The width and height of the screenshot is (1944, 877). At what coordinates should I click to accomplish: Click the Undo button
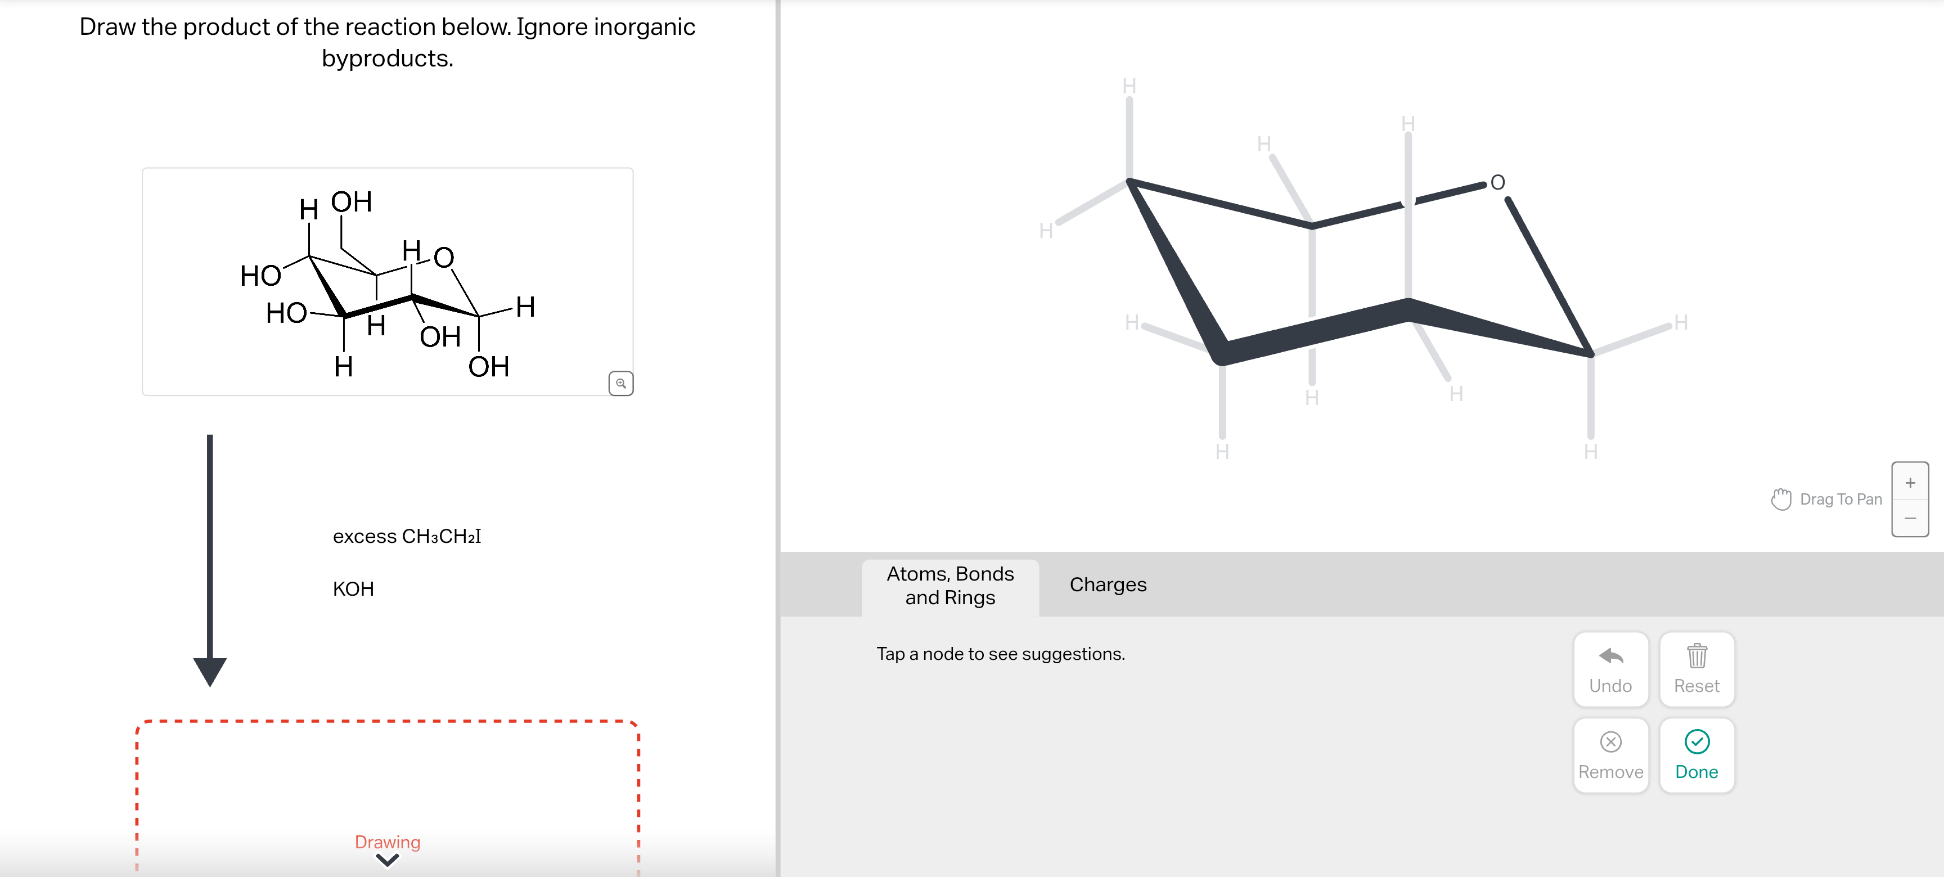click(1610, 669)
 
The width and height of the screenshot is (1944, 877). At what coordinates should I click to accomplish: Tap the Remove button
click(1610, 755)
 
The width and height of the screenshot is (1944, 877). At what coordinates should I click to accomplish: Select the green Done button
click(1696, 755)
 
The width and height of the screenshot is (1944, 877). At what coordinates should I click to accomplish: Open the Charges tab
click(1107, 585)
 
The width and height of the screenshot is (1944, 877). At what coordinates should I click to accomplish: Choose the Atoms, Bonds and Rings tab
click(949, 586)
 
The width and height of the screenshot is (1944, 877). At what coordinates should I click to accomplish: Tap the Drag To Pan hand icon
click(1780, 499)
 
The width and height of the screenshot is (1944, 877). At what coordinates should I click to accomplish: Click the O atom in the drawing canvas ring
click(1497, 183)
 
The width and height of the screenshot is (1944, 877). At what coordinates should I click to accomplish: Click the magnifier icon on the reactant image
click(620, 384)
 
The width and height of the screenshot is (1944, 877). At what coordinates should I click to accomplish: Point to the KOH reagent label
click(353, 588)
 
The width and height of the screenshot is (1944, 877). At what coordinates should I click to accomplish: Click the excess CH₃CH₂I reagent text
click(406, 537)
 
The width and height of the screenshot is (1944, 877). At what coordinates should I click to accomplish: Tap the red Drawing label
click(387, 842)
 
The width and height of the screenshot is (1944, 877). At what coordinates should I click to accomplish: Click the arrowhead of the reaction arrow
click(210, 669)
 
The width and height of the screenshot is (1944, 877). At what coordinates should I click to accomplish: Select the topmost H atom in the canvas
click(1129, 86)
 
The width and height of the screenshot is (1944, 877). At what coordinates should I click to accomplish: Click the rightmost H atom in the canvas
click(1681, 323)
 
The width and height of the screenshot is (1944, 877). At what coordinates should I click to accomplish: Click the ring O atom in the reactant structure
click(444, 258)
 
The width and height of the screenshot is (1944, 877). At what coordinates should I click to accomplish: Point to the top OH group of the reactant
click(352, 203)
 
